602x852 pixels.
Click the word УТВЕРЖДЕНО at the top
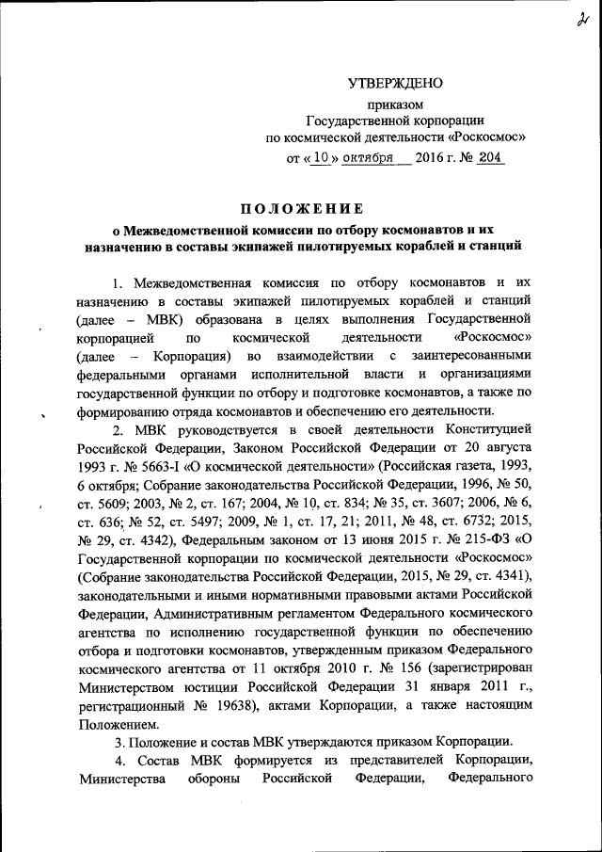395,84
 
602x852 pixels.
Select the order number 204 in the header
491,158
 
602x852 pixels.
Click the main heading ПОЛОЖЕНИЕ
300,208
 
